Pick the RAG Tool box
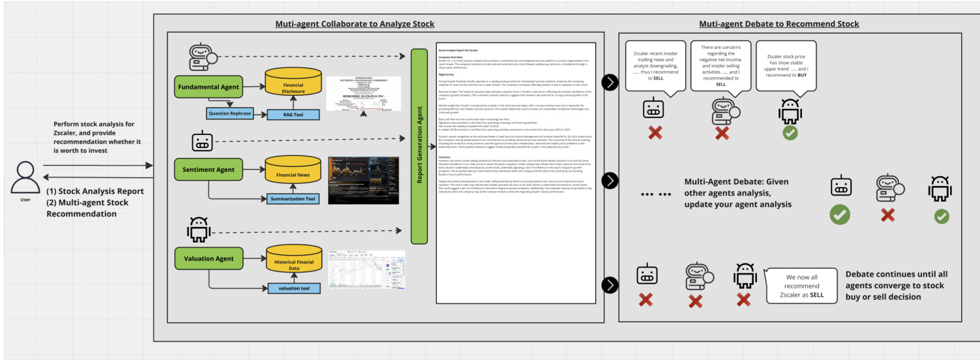[293, 114]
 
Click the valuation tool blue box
[293, 288]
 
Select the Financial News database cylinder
[293, 171]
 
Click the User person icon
[25, 177]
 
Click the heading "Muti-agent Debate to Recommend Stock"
[779, 23]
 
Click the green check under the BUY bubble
[790, 133]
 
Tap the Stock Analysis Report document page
[516, 172]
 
